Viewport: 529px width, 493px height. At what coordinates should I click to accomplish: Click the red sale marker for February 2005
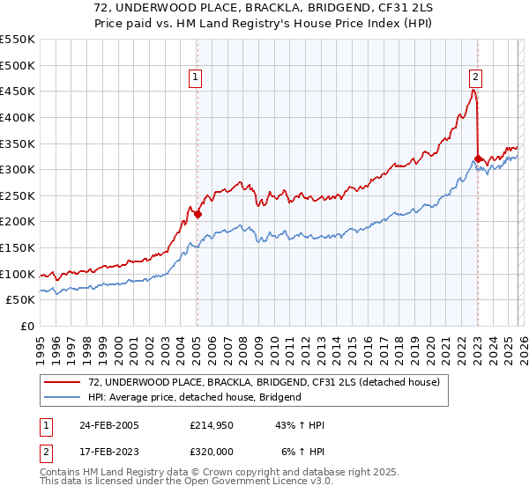pos(197,214)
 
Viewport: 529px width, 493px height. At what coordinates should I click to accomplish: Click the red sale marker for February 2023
pos(478,159)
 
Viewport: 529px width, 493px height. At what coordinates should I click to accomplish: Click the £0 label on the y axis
pos(27,327)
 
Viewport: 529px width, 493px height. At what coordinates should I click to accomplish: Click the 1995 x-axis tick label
pos(41,346)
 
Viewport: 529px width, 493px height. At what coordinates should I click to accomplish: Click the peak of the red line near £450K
pos(473,90)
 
